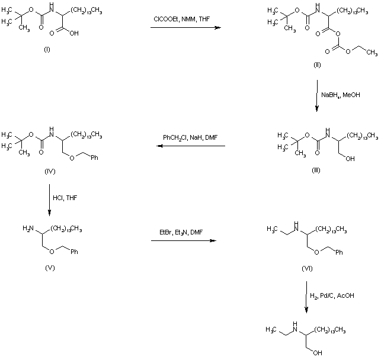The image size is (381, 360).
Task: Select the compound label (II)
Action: pyautogui.click(x=318, y=65)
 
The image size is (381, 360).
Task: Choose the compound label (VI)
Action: pyautogui.click(x=307, y=269)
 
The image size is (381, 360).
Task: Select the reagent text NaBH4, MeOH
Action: pyautogui.click(x=340, y=95)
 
